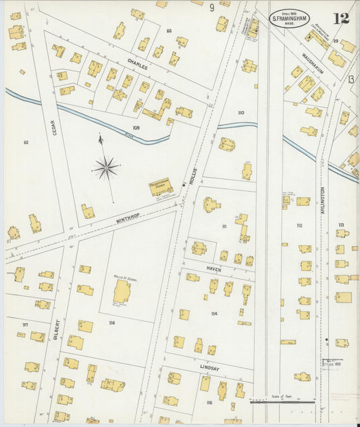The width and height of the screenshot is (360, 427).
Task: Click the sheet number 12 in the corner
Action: (341, 18)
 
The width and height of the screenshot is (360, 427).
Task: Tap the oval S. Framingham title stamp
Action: (290, 18)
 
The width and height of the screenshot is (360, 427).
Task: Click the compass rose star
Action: (105, 166)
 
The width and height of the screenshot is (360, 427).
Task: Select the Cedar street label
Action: (54, 127)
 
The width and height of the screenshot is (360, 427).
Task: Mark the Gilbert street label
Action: (57, 329)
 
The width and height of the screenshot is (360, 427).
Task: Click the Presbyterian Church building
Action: (161, 187)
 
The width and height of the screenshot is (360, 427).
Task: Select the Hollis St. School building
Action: (122, 291)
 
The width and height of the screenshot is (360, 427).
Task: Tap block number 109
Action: (136, 127)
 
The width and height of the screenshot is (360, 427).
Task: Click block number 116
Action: (111, 323)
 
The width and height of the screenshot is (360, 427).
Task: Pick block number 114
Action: (214, 313)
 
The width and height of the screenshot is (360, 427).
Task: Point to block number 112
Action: (299, 226)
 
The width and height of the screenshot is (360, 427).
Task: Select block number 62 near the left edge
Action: (26, 143)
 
